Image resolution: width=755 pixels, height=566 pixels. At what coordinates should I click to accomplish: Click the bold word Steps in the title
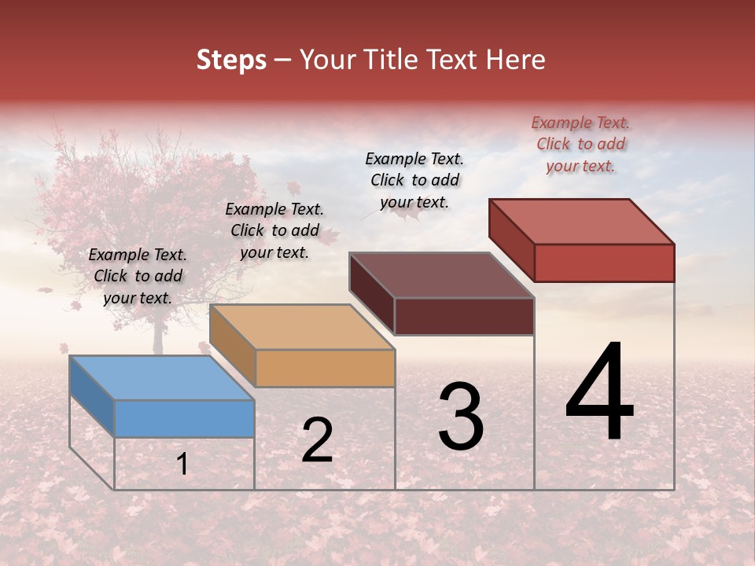pyautogui.click(x=231, y=60)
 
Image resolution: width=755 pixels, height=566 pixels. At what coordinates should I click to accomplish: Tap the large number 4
pyautogui.click(x=599, y=392)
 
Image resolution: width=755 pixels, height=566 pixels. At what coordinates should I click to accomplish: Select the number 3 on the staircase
pyautogui.click(x=460, y=417)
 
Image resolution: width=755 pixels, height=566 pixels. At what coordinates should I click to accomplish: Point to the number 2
pyautogui.click(x=317, y=440)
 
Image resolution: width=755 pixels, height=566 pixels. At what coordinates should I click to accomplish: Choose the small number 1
pyautogui.click(x=182, y=464)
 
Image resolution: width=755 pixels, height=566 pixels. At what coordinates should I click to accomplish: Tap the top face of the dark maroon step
pyautogui.click(x=441, y=275)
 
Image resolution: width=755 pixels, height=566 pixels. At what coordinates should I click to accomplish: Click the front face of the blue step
pyautogui.click(x=184, y=418)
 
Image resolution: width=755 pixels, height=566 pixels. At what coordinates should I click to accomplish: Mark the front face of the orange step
pyautogui.click(x=325, y=368)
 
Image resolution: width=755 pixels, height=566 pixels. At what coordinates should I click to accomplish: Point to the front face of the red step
pyautogui.click(x=604, y=263)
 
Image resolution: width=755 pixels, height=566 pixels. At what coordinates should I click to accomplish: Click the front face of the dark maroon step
pyautogui.click(x=464, y=316)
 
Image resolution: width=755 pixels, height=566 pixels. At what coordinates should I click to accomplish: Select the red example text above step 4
pyautogui.click(x=580, y=144)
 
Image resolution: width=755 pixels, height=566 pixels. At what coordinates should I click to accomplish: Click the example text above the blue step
pyautogui.click(x=138, y=276)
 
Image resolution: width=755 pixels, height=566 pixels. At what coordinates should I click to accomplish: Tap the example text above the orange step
pyautogui.click(x=274, y=230)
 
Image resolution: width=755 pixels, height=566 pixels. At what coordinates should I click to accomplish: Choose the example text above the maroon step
pyautogui.click(x=414, y=180)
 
